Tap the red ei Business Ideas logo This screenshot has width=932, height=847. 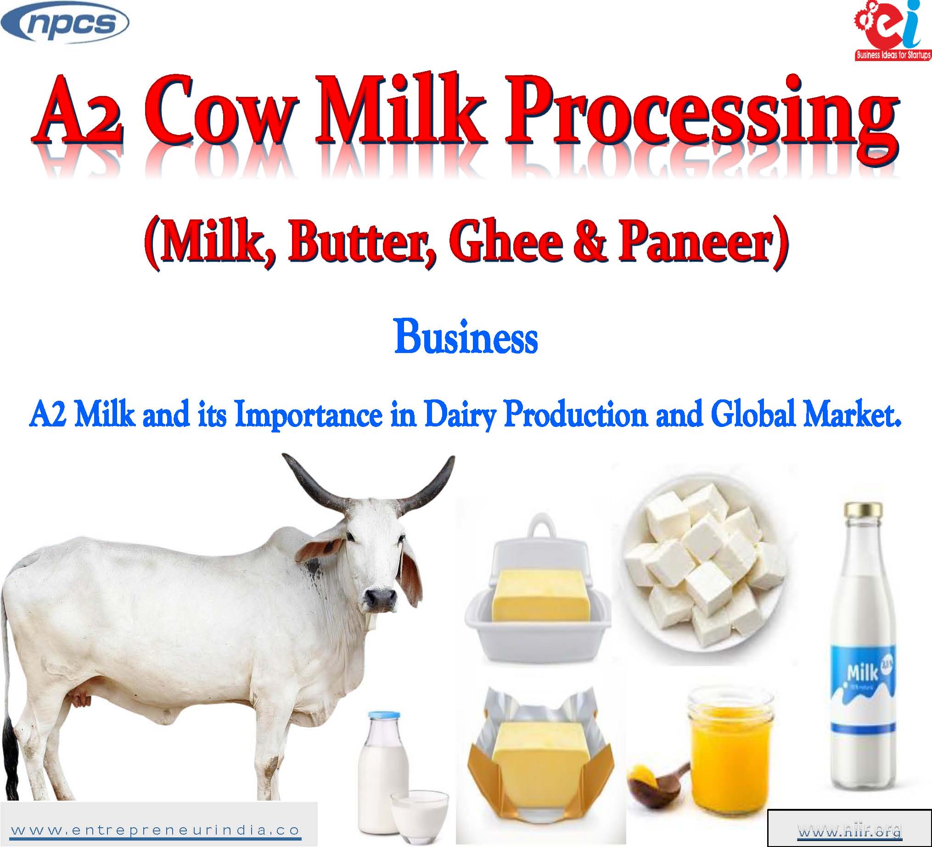click(x=892, y=31)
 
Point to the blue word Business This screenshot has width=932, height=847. click(x=466, y=338)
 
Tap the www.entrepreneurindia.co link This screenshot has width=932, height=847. click(x=155, y=830)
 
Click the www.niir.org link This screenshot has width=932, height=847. click(x=850, y=833)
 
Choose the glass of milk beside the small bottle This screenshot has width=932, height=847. click(x=419, y=815)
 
